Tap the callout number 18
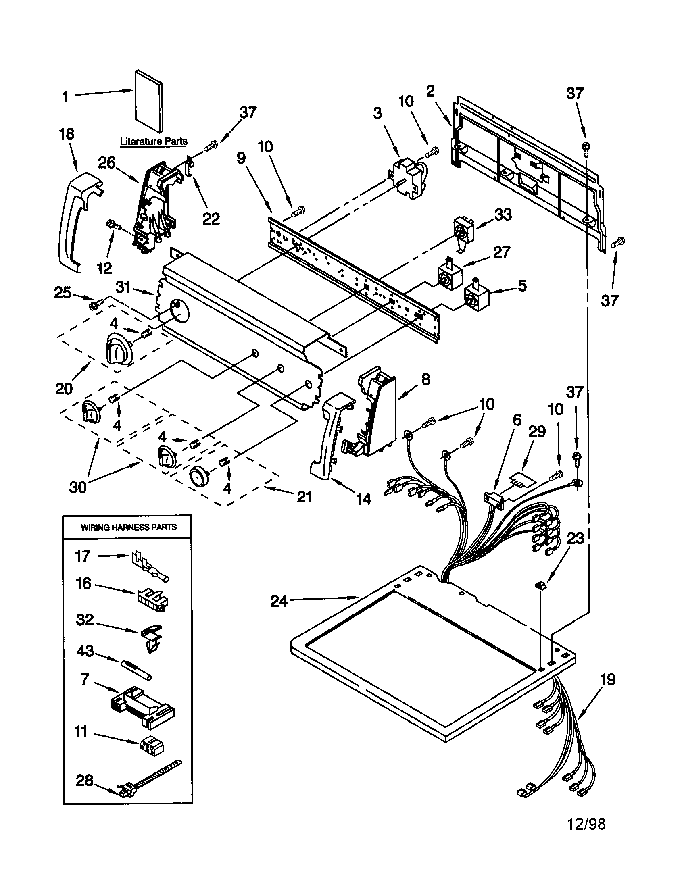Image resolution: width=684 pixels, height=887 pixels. pos(67,134)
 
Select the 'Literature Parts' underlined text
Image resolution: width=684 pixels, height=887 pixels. pos(154,142)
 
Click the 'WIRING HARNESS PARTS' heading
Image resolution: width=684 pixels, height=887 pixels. pos(129,527)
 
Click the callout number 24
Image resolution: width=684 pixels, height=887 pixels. pos(279,601)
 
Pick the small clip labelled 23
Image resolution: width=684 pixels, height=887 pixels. pos(540,585)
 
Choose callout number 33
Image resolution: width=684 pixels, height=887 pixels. pos(503,214)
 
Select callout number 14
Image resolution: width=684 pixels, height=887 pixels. pos(363,499)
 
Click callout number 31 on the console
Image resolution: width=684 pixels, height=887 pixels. pos(123,287)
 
